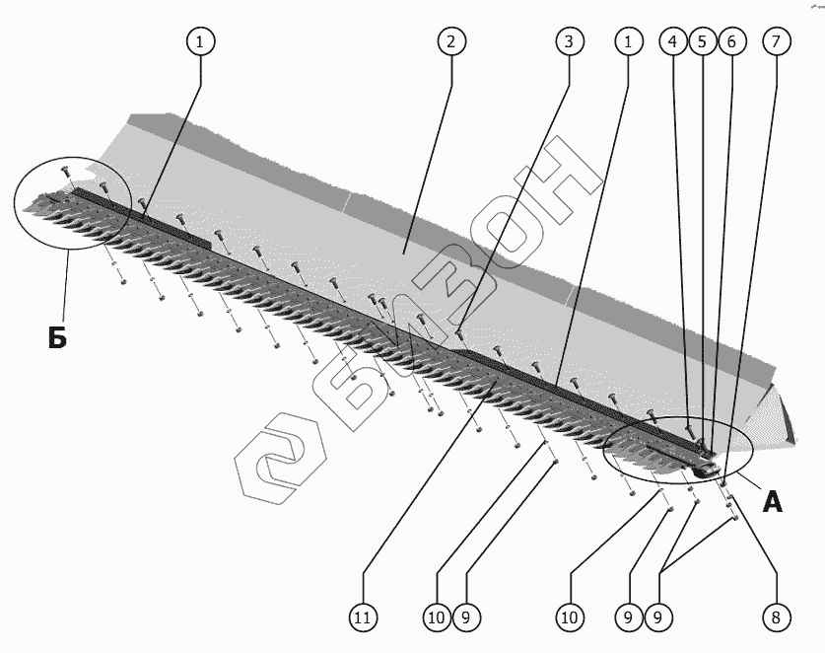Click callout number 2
click(449, 41)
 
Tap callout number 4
click(673, 41)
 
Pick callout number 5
click(702, 41)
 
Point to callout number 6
click(730, 41)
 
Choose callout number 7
click(775, 41)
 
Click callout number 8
click(775, 617)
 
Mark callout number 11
click(362, 617)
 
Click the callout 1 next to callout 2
click(201, 41)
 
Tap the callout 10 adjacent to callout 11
click(437, 617)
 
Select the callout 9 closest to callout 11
click(466, 617)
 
